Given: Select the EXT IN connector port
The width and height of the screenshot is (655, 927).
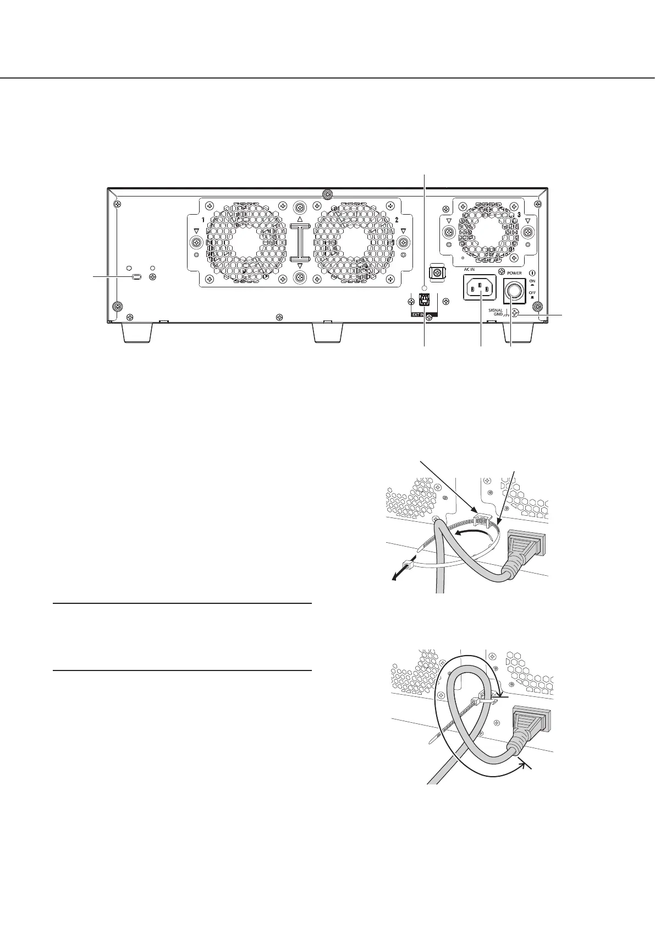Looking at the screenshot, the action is click(x=425, y=299).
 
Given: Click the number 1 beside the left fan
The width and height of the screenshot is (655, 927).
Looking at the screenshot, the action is click(x=203, y=220).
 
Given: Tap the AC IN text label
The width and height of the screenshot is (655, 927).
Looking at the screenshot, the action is click(x=469, y=270).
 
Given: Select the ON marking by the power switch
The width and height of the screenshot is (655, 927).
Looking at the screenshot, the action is click(x=531, y=280).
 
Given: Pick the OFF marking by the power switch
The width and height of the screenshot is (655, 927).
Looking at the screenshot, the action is click(x=531, y=293).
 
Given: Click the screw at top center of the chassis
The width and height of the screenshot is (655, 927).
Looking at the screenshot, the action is click(x=327, y=194).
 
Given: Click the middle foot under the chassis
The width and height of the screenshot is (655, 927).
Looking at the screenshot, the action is click(x=328, y=332).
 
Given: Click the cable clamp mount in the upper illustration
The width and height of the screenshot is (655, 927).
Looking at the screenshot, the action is click(x=481, y=519).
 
